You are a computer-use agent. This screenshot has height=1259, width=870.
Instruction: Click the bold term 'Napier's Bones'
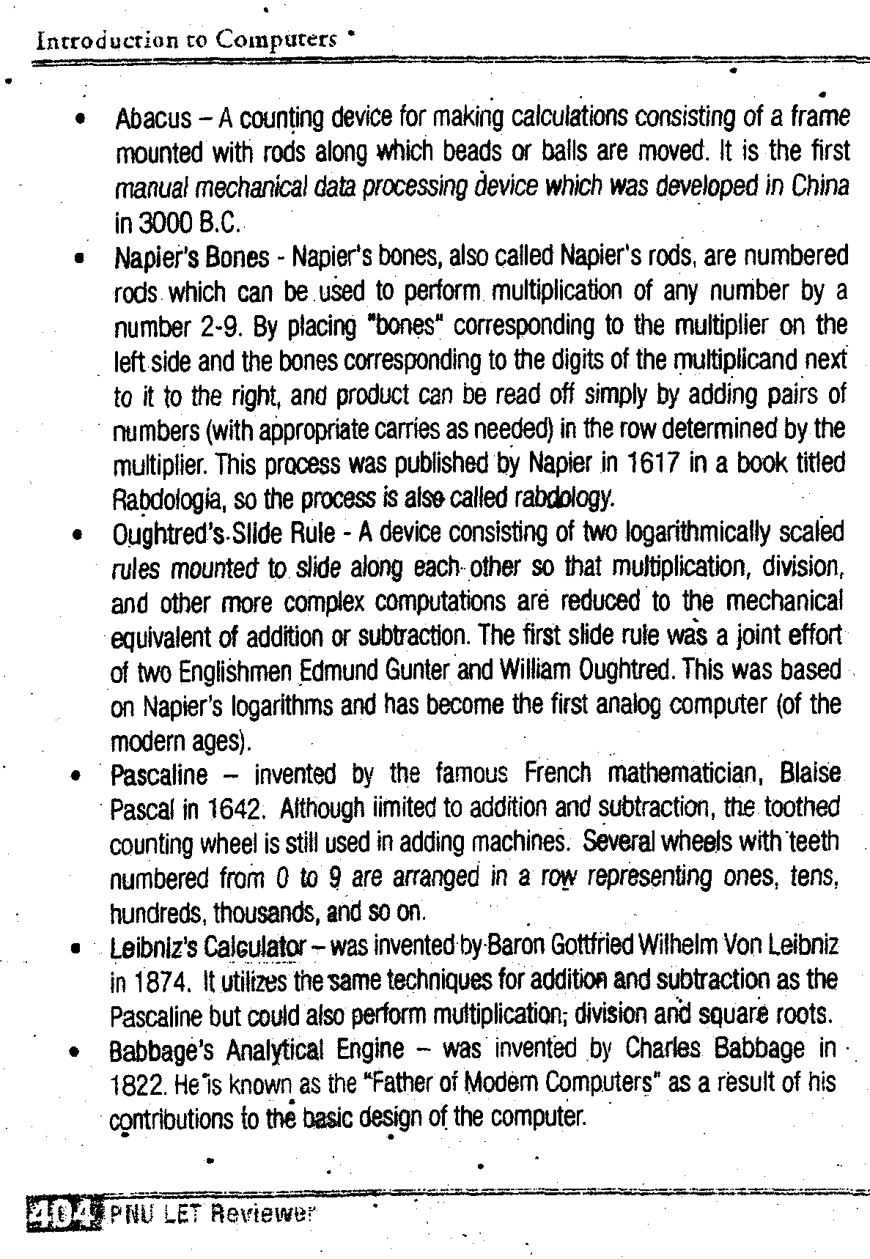click(x=192, y=257)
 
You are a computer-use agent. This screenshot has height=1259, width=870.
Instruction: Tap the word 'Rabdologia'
click(x=167, y=500)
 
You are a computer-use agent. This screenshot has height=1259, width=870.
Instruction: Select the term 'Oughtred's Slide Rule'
click(x=223, y=534)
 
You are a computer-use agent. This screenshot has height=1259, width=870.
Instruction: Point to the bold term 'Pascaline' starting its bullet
click(x=159, y=775)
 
